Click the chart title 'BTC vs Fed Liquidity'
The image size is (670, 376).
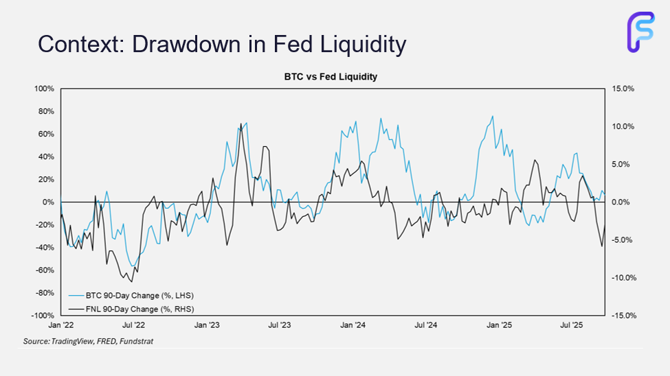coord(331,77)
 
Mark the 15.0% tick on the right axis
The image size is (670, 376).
coord(621,89)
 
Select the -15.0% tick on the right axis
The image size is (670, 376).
coord(621,316)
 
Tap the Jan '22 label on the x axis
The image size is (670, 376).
coord(60,325)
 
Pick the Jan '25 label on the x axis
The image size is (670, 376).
coord(498,325)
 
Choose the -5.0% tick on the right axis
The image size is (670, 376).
coord(621,240)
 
